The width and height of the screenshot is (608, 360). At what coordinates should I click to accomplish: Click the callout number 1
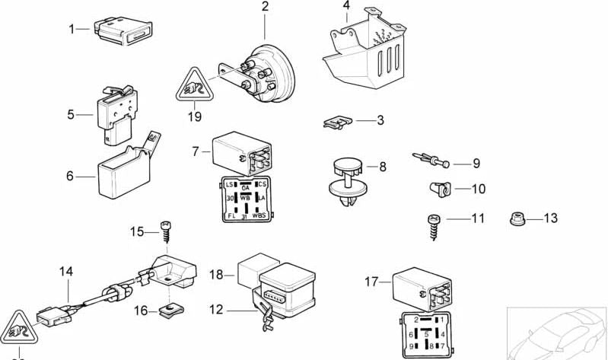(x=73, y=29)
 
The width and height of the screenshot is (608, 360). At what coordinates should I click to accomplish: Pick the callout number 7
(x=196, y=151)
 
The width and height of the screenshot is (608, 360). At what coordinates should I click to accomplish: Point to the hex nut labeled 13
(x=517, y=218)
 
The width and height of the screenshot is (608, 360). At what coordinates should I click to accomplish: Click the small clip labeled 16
(x=169, y=310)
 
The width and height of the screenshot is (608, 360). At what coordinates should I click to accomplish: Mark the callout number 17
(x=371, y=282)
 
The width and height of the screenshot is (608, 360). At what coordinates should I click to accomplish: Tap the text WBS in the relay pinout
(x=259, y=215)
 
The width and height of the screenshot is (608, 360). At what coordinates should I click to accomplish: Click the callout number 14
(x=66, y=271)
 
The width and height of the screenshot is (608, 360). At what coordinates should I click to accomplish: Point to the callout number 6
(x=69, y=176)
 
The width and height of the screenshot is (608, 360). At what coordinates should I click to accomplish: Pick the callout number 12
(x=217, y=310)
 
